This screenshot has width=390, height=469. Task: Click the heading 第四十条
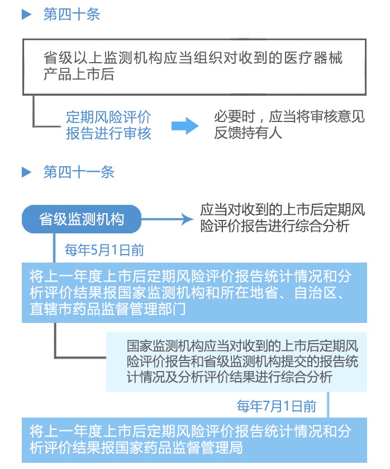pyautogui.click(x=72, y=14)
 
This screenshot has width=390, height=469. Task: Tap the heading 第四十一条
pyautogui.click(x=79, y=172)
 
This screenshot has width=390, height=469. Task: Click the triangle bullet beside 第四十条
pyautogui.click(x=27, y=15)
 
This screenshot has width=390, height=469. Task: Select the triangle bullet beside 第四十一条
pyautogui.click(x=27, y=172)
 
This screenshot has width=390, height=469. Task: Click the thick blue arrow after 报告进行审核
pyautogui.click(x=185, y=125)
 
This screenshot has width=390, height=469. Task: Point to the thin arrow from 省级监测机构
pyautogui.click(x=167, y=219)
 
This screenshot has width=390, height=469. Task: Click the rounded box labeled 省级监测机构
pyautogui.click(x=82, y=219)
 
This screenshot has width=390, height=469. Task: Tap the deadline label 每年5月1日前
pyautogui.click(x=104, y=250)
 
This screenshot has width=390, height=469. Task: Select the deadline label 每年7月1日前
pyautogui.click(x=277, y=406)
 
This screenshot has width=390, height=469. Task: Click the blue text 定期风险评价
pyautogui.click(x=108, y=117)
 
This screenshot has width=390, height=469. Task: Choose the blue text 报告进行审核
pyautogui.click(x=108, y=133)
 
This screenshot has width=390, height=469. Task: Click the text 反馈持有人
pyautogui.click(x=248, y=133)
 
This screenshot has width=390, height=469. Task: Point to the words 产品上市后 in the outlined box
pyautogui.click(x=79, y=74)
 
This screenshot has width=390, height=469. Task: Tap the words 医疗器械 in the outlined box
pyautogui.click(x=313, y=58)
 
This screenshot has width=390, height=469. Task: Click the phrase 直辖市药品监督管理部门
pyautogui.click(x=107, y=309)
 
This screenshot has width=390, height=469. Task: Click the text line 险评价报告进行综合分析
pyautogui.click(x=275, y=226)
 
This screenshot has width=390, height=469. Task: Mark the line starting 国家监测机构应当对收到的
pyautogui.click(x=242, y=346)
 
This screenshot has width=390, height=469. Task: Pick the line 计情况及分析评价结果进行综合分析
pyautogui.click(x=229, y=377)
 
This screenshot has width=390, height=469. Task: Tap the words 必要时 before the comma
pyautogui.click(x=235, y=116)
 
